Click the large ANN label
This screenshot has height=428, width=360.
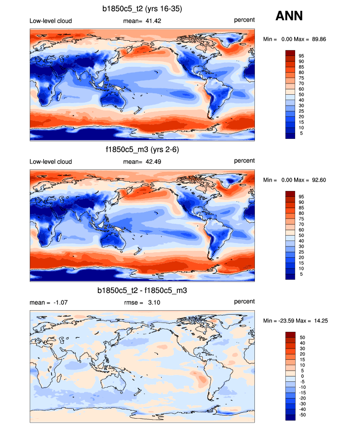289,16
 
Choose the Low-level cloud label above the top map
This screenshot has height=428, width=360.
51,20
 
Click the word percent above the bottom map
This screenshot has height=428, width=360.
244,301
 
